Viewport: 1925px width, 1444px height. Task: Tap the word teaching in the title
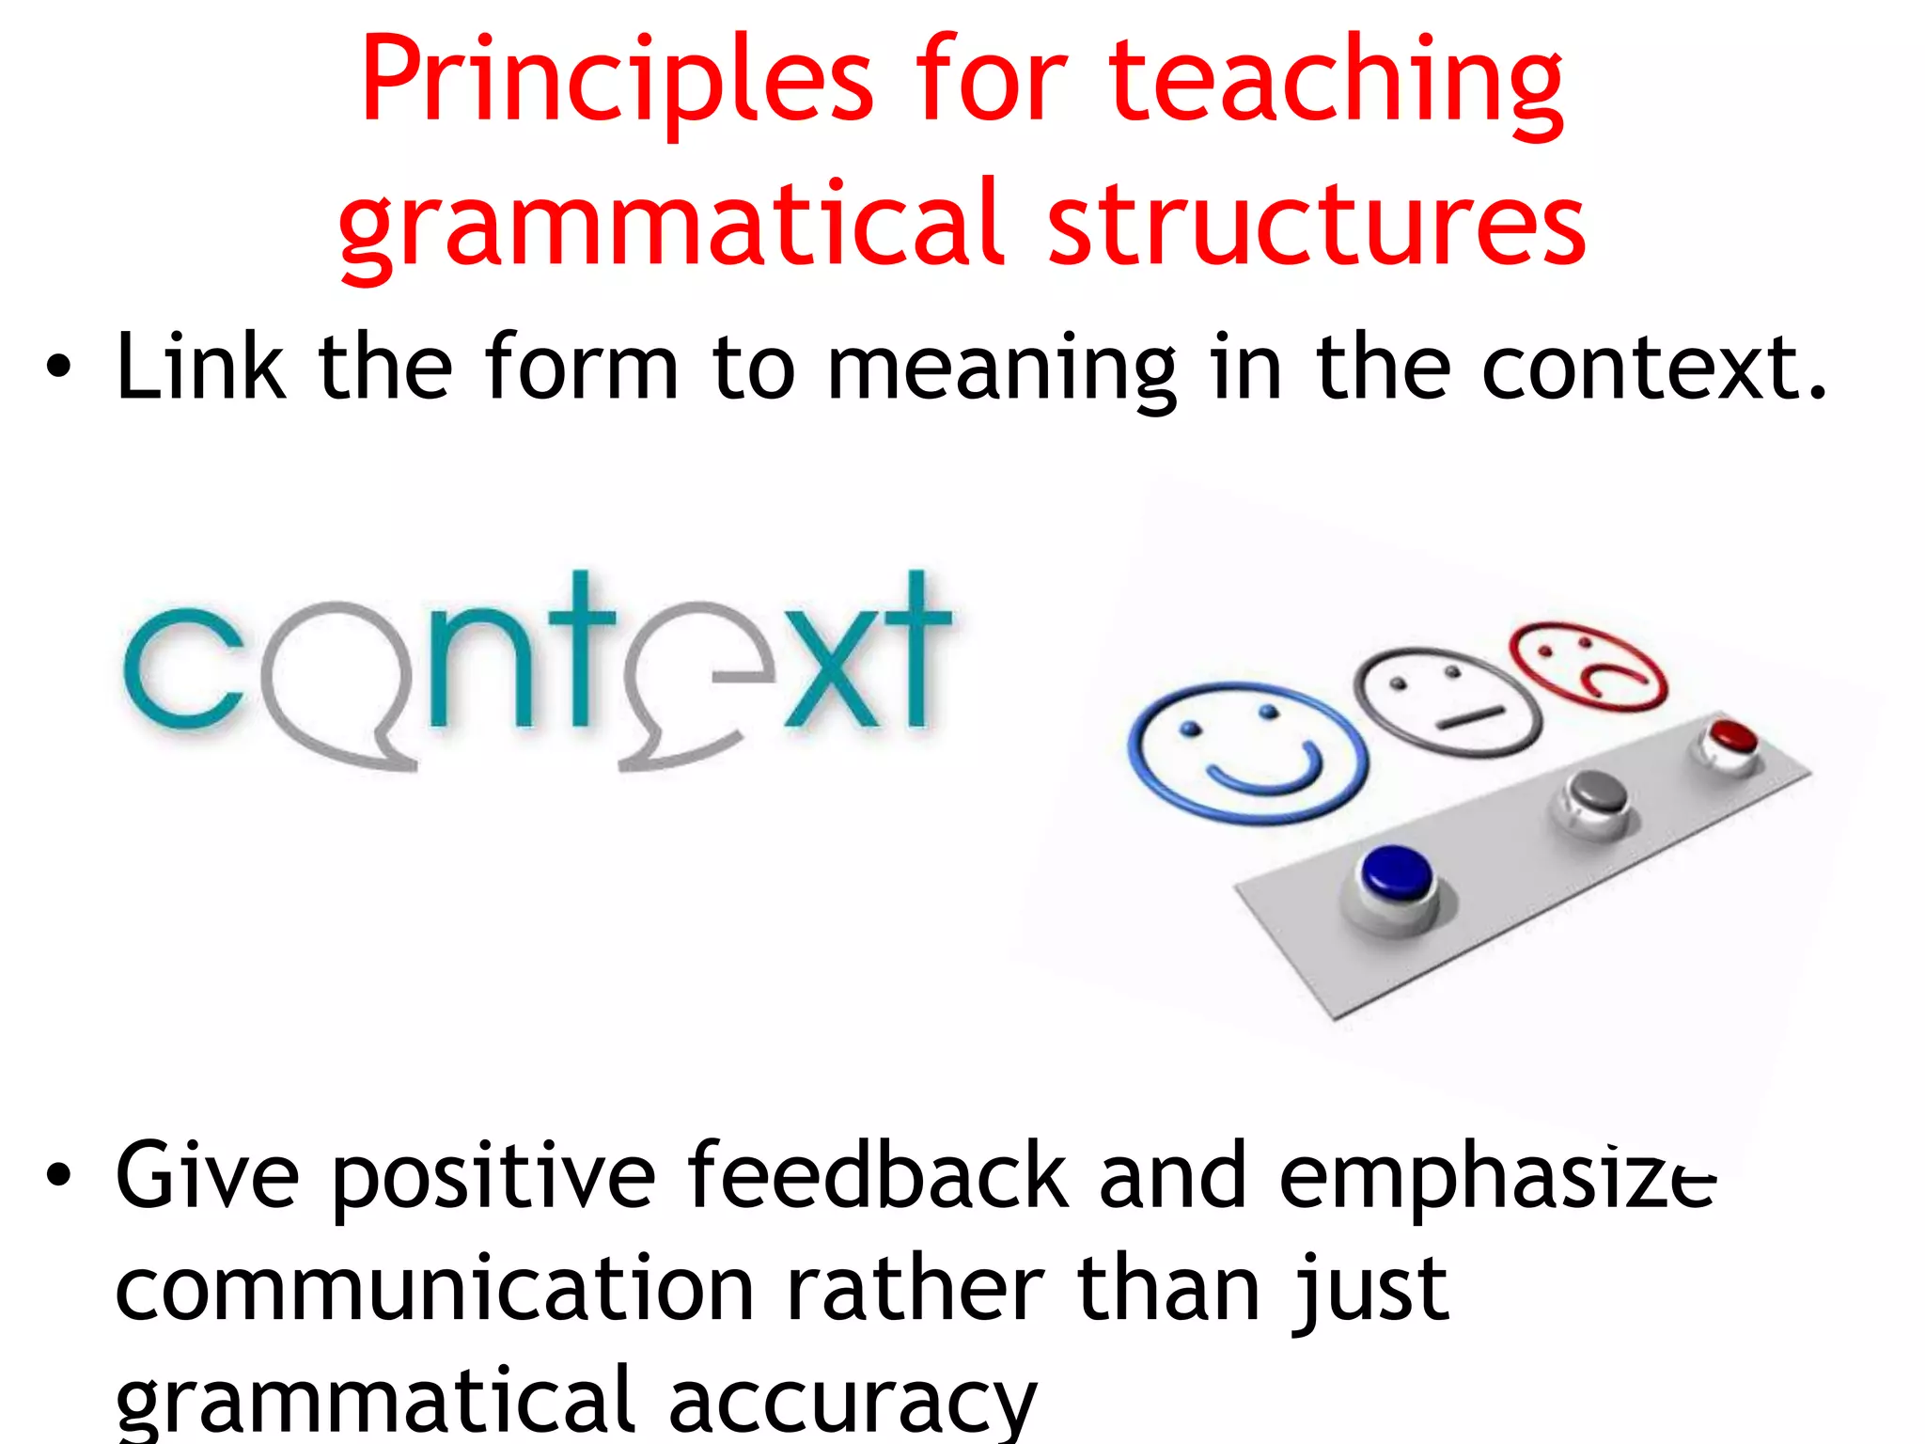[x=1336, y=83]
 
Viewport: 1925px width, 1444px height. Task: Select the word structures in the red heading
[x=1316, y=226]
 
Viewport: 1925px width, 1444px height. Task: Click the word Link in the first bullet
[x=200, y=368]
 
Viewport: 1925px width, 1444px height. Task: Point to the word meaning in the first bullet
[x=1001, y=369]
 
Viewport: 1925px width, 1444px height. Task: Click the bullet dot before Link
[x=58, y=369]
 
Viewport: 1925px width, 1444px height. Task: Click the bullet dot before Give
[x=58, y=1175]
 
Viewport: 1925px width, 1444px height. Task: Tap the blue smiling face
[x=1246, y=752]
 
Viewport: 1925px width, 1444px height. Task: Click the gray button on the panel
[x=1597, y=794]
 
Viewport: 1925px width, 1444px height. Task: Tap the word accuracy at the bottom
[x=852, y=1401]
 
